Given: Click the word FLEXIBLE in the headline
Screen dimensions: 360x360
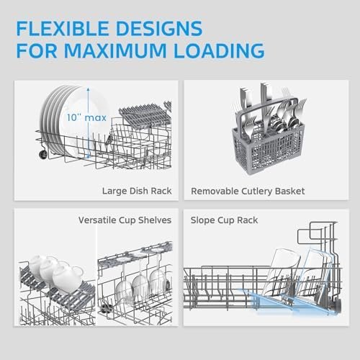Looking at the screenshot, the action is pyautogui.click(x=63, y=29).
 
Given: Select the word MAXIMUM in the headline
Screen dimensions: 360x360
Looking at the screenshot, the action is pyautogui.click(x=115, y=50).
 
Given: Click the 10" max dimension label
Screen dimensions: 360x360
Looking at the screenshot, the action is pyautogui.click(x=86, y=117).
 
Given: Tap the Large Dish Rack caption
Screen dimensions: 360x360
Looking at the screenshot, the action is pyautogui.click(x=137, y=191).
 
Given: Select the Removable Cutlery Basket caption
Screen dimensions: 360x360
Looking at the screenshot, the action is pyautogui.click(x=248, y=192).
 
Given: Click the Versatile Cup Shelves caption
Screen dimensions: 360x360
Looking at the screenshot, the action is pyautogui.click(x=125, y=220).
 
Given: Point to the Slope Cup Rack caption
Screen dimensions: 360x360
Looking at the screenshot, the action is pyautogui.click(x=224, y=220).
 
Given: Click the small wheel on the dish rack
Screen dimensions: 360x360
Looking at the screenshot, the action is pyautogui.click(x=43, y=154).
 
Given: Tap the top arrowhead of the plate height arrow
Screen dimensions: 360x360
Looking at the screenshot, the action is pyautogui.click(x=88, y=89).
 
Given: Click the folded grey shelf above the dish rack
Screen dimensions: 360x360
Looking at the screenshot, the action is pyautogui.click(x=145, y=113).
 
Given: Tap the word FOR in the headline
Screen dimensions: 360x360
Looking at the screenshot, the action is pyautogui.click(x=37, y=50).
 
